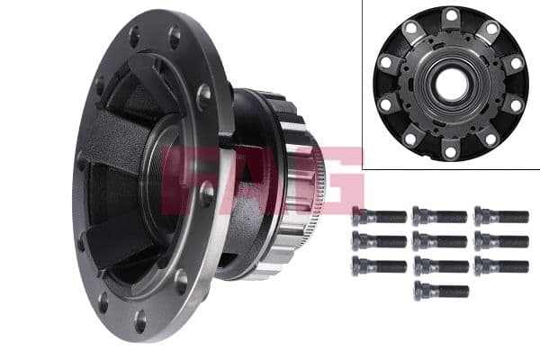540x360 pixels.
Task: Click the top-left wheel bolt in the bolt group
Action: click(x=379, y=216)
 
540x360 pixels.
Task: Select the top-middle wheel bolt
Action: click(x=440, y=216)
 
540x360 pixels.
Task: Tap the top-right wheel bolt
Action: click(x=500, y=216)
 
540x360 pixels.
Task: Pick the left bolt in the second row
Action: click(x=379, y=241)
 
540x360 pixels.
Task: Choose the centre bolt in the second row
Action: click(x=440, y=241)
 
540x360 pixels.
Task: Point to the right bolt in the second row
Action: click(x=500, y=241)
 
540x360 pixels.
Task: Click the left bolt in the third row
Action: click(x=379, y=266)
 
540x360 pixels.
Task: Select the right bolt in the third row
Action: click(x=500, y=266)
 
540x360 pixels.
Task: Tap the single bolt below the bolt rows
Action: click(x=441, y=291)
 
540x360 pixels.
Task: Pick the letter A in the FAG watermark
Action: click(x=261, y=175)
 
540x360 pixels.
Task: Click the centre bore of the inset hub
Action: click(x=451, y=84)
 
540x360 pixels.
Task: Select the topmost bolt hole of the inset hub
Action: click(x=451, y=15)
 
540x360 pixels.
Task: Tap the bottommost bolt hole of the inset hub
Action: click(x=451, y=151)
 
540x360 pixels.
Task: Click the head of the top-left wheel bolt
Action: click(x=359, y=216)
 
